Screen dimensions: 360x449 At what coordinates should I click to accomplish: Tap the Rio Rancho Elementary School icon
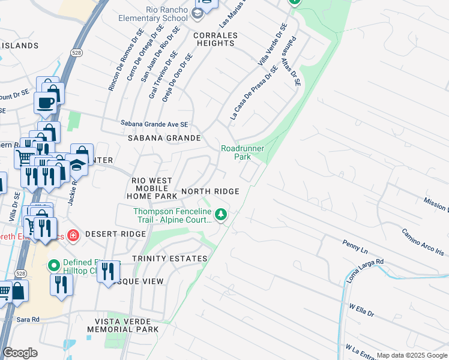(199, 13)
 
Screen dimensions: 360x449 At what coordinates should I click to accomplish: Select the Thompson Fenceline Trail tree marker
(221, 214)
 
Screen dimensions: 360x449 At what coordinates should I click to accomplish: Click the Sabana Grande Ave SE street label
(154, 124)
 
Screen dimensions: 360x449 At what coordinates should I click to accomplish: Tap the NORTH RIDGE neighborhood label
(210, 191)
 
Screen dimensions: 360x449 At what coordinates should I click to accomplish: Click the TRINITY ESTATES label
(169, 259)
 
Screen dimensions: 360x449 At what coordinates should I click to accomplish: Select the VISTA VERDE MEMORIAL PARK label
(123, 325)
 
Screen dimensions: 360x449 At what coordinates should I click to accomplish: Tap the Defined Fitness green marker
(53, 264)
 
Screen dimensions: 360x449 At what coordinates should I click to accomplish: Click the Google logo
(20, 353)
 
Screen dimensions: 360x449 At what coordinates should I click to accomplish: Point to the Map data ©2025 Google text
(411, 355)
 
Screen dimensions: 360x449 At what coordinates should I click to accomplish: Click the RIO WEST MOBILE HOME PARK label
(152, 188)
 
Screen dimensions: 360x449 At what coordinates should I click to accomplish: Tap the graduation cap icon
(76, 166)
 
